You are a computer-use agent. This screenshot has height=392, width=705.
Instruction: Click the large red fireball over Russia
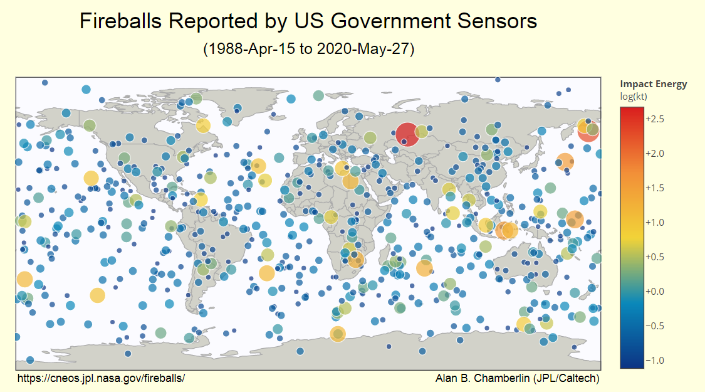click(407, 134)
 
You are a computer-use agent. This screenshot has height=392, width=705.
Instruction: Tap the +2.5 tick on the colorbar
click(655, 119)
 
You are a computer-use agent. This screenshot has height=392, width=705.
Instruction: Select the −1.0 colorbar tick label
click(655, 361)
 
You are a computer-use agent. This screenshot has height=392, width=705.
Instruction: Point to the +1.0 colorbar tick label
click(655, 223)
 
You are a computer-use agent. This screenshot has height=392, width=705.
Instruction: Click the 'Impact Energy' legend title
click(653, 84)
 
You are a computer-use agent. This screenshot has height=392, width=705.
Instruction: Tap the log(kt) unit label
click(634, 96)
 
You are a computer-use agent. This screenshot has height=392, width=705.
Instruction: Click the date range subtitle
click(309, 49)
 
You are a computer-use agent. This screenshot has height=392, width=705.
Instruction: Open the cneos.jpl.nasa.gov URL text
click(101, 378)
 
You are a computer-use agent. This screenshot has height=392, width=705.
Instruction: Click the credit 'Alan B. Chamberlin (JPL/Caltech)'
click(517, 378)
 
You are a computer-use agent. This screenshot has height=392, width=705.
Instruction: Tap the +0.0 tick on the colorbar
click(655, 292)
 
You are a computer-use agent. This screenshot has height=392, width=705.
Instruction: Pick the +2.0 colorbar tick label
click(655, 154)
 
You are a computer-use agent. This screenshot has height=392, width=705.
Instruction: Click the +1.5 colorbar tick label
click(655, 188)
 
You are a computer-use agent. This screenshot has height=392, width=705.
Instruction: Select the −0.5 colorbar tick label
click(655, 326)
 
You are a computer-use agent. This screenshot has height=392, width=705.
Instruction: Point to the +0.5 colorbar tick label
click(655, 257)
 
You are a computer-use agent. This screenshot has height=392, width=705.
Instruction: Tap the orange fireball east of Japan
click(565, 161)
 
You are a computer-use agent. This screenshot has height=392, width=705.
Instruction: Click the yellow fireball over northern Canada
click(203, 125)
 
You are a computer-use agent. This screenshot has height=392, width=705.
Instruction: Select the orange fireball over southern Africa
click(356, 260)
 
